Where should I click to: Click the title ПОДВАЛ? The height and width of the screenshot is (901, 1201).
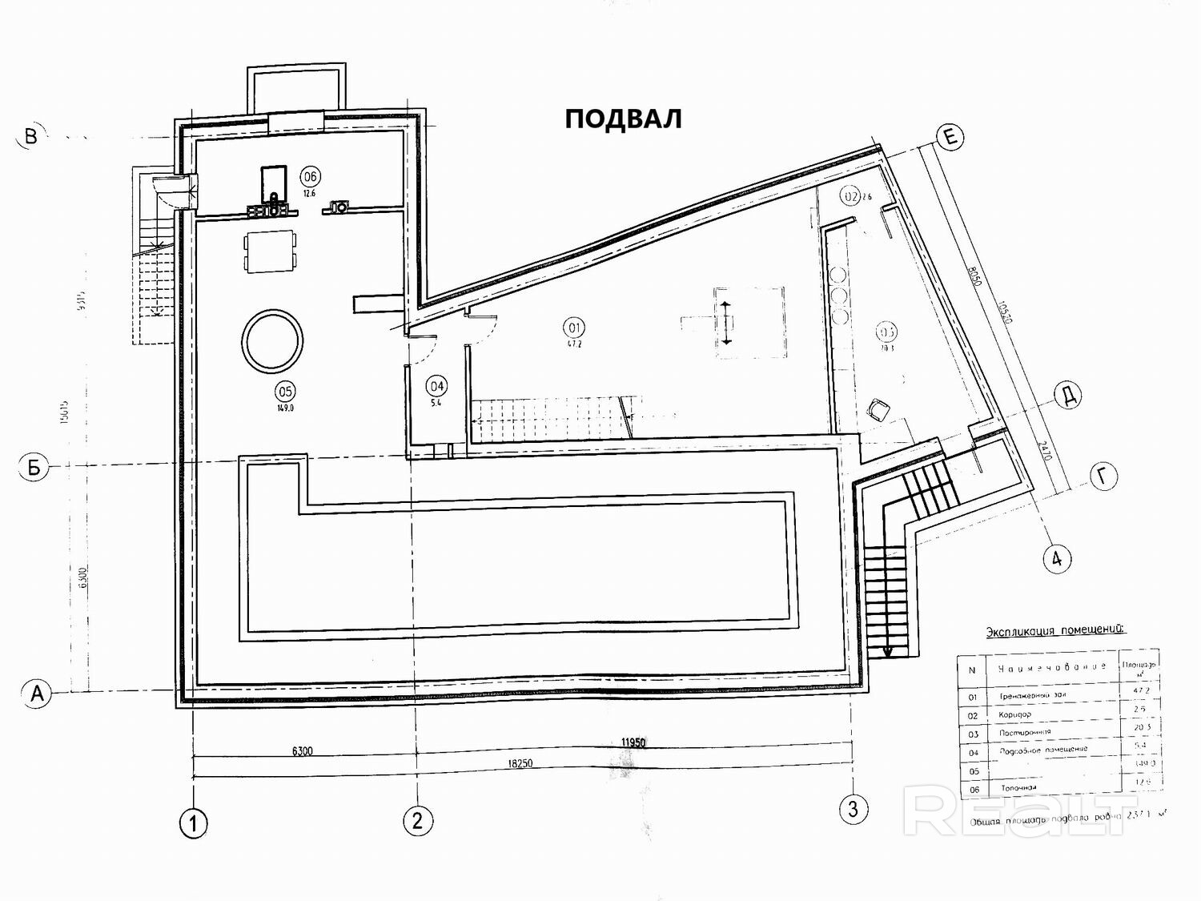(623, 119)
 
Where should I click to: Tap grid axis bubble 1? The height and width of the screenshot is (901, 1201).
(193, 823)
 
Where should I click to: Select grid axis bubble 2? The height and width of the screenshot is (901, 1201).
(418, 819)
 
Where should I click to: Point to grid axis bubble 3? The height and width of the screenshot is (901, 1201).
(853, 809)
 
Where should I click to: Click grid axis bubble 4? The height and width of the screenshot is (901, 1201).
(1057, 558)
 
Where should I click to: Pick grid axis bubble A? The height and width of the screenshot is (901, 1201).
(36, 694)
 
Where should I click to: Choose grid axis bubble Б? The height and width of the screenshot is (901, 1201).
(34, 467)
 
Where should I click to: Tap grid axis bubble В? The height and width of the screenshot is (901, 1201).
(31, 136)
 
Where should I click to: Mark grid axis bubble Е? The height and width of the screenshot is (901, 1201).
(950, 138)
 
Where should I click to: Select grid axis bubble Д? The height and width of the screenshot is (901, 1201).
(1068, 396)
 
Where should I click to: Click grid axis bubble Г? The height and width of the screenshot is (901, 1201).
(1103, 477)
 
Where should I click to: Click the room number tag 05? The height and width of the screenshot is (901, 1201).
(284, 392)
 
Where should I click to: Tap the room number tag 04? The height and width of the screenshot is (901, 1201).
(436, 387)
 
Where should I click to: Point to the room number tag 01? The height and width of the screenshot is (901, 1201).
(574, 327)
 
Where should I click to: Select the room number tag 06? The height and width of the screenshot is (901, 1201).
(310, 176)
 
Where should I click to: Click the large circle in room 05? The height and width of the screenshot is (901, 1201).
(274, 342)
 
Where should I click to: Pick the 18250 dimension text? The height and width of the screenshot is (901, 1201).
(519, 764)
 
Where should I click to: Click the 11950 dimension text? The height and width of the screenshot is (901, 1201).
(633, 742)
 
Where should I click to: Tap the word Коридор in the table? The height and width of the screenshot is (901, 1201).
(1015, 714)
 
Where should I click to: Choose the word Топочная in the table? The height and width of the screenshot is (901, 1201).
(1018, 788)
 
